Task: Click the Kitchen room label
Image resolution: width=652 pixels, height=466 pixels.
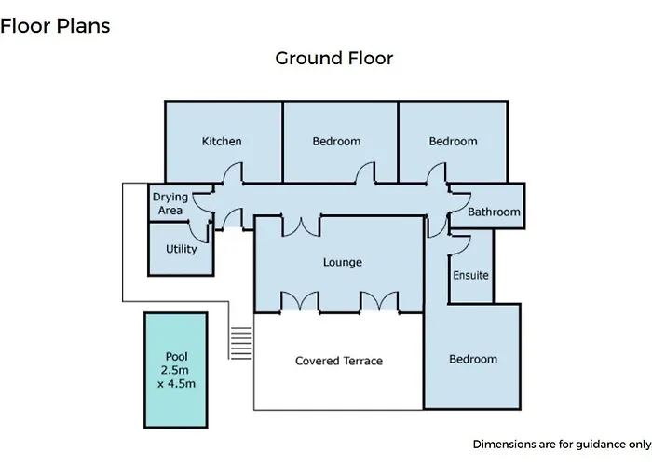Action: coord(222,141)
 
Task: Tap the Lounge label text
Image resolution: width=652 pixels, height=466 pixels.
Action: coord(343,262)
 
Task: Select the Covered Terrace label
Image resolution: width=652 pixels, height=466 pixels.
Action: coord(339,361)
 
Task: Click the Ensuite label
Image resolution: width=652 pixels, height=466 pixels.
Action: coord(470,275)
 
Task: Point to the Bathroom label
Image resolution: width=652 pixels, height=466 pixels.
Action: coord(494,212)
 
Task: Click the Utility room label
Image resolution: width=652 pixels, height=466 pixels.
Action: coord(182,249)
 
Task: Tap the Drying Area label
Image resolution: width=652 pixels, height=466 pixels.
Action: coord(170,203)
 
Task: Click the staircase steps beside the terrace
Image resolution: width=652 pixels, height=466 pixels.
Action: coord(241,343)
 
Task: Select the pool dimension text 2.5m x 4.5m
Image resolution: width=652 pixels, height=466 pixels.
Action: coord(176,377)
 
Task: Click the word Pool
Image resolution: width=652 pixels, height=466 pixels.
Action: coord(177,357)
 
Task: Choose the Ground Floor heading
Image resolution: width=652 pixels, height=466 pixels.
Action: coord(333,58)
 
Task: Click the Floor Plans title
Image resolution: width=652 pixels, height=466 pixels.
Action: coord(55,26)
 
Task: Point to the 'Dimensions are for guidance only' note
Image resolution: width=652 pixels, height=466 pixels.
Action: coord(563,445)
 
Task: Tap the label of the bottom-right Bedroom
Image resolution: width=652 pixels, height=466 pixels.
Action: coord(473,359)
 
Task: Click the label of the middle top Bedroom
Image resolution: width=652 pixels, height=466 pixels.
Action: coord(336,141)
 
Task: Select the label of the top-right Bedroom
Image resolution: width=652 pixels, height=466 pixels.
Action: coord(454,141)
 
